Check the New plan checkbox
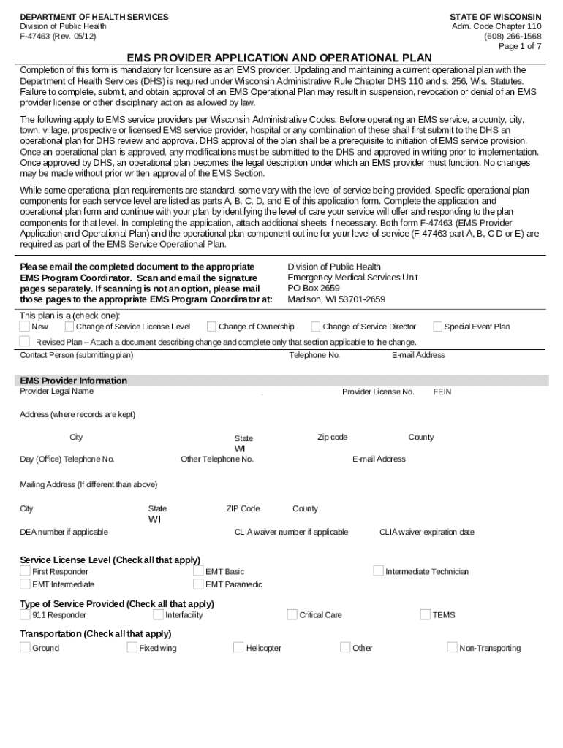25,327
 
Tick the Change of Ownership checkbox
211,327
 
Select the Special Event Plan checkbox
437,327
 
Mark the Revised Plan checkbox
25,341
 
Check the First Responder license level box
25,571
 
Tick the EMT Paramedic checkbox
198,584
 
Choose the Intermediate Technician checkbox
378,571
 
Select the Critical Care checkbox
292,614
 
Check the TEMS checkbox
425,614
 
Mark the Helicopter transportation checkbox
238,647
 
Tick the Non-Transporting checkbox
452,647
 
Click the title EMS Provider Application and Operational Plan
279,58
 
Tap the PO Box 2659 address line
314,289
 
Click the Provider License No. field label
378,392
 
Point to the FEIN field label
442,392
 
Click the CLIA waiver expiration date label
426,533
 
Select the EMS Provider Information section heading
73,381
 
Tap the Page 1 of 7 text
520,46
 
